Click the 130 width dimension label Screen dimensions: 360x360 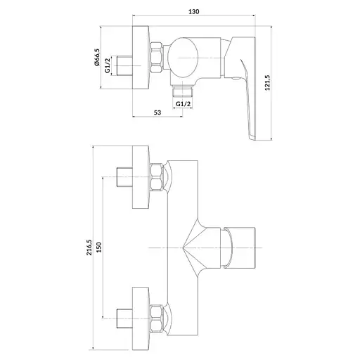pyautogui.click(x=194, y=11)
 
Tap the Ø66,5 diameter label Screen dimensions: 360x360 pyautogui.click(x=97, y=57)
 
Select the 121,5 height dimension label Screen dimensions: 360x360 pyautogui.click(x=267, y=83)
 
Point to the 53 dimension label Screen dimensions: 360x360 pyautogui.click(x=157, y=112)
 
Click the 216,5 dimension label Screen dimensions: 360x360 pyautogui.click(x=89, y=247)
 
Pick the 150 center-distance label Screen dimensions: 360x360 pyautogui.click(x=98, y=247)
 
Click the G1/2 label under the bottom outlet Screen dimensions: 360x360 pyautogui.click(x=183, y=104)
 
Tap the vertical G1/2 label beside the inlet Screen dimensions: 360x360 pyautogui.click(x=108, y=65)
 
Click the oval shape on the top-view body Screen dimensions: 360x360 pyautogui.click(x=183, y=58)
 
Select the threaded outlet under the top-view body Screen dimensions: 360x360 pyautogui.click(x=183, y=91)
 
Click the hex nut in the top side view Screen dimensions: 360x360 pyautogui.click(x=156, y=57)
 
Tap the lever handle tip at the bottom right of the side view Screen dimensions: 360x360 pyautogui.click(x=252, y=138)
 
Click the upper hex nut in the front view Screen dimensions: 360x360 pyautogui.click(x=156, y=177)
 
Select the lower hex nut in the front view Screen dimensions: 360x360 pyautogui.click(x=156, y=319)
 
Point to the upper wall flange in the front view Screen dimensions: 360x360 pyautogui.click(x=141, y=177)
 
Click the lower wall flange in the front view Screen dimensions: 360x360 pyautogui.click(x=141, y=319)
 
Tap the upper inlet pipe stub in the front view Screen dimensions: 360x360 pyautogui.click(x=124, y=177)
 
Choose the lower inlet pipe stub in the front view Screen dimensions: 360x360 pyautogui.click(x=124, y=319)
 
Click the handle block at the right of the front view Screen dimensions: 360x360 pyautogui.click(x=240, y=247)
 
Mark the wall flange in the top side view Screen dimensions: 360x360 pyautogui.click(x=141, y=58)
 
